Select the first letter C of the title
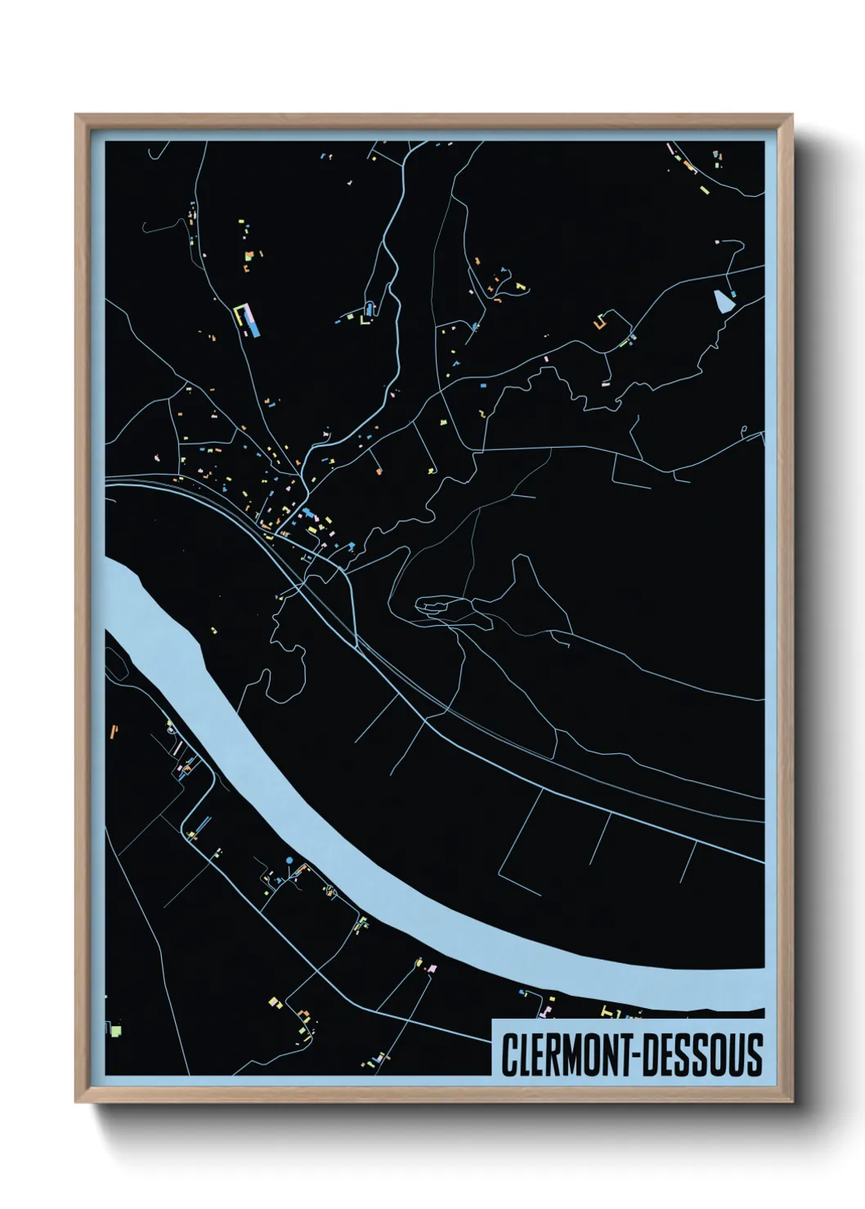(509, 1055)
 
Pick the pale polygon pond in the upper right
(723, 301)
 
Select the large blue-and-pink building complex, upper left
(250, 321)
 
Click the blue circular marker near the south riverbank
(289, 861)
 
